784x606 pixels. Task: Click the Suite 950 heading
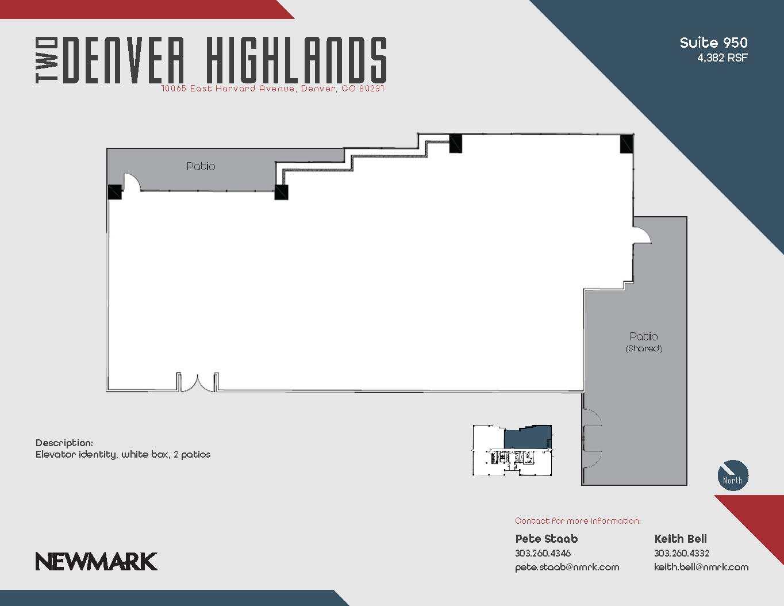[713, 43]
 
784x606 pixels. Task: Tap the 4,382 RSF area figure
[722, 57]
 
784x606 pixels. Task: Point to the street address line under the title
[272, 89]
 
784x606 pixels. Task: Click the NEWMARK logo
[96, 561]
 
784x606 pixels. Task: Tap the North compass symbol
[733, 475]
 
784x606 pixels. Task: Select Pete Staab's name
[546, 539]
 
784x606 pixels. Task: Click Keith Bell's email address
[701, 567]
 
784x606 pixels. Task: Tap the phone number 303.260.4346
[543, 553]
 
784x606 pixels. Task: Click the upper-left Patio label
[201, 166]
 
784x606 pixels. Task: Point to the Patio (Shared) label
[644, 342]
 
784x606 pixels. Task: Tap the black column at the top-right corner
[627, 143]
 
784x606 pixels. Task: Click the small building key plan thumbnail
[512, 450]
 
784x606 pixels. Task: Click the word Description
[64, 443]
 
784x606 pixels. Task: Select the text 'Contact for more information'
[578, 521]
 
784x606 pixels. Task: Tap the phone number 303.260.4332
[681, 553]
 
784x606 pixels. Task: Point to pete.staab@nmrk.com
[567, 567]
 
